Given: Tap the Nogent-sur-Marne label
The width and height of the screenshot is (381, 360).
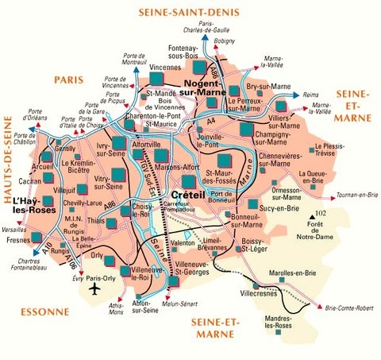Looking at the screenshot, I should point(212,87).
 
